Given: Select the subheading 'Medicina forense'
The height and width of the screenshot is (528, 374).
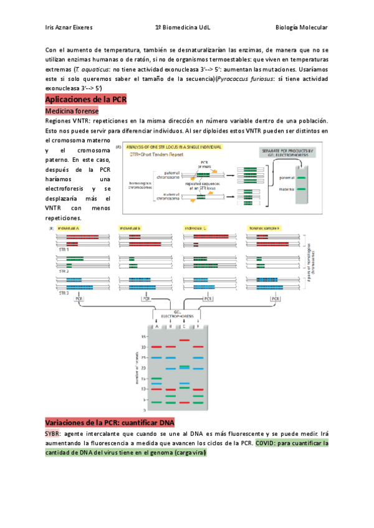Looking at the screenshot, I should [x=72, y=110].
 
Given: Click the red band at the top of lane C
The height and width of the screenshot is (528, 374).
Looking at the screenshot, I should [x=185, y=340].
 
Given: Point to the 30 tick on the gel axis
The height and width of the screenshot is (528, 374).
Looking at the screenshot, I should [x=143, y=347].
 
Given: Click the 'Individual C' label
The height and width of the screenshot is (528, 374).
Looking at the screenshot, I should [x=196, y=229].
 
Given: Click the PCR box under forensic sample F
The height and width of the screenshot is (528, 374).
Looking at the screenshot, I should [x=276, y=299].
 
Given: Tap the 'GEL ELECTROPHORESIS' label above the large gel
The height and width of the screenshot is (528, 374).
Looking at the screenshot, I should [x=171, y=314].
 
